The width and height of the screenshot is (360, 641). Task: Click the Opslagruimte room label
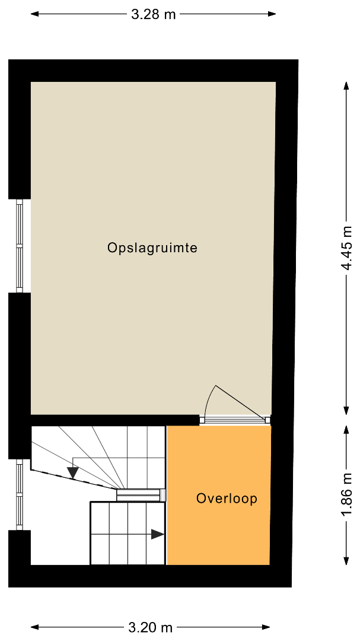coord(152,248)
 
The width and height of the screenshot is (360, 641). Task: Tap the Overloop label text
coord(227,499)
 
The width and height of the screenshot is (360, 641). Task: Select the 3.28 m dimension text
coord(154,15)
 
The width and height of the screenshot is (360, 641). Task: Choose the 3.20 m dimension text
coord(151,627)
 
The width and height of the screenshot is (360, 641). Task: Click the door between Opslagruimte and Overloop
coord(235,420)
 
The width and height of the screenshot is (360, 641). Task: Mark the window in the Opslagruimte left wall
coord(19,246)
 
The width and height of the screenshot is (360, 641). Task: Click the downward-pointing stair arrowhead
coord(73,473)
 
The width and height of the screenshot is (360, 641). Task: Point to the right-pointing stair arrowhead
coord(158,534)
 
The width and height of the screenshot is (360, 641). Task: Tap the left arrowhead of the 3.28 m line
coord(34,14)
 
